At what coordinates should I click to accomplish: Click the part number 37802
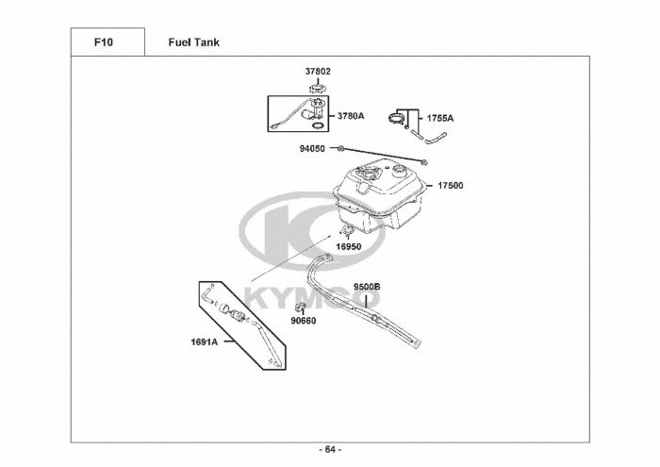[x=318, y=72]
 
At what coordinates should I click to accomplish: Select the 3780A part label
[x=351, y=116]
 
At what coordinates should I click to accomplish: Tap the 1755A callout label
[x=440, y=119]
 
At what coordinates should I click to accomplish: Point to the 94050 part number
[x=312, y=149]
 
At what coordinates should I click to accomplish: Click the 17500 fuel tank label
[x=450, y=186]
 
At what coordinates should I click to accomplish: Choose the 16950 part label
[x=349, y=246]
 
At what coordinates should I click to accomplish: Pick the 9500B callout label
[x=367, y=286]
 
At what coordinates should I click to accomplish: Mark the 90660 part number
[x=304, y=321]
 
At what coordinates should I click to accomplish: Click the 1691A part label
[x=205, y=342]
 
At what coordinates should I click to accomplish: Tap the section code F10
[x=105, y=42]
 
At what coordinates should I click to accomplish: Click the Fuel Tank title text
[x=194, y=42]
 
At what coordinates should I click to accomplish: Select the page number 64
[x=330, y=448]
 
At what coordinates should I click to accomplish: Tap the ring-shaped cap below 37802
[x=319, y=90]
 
